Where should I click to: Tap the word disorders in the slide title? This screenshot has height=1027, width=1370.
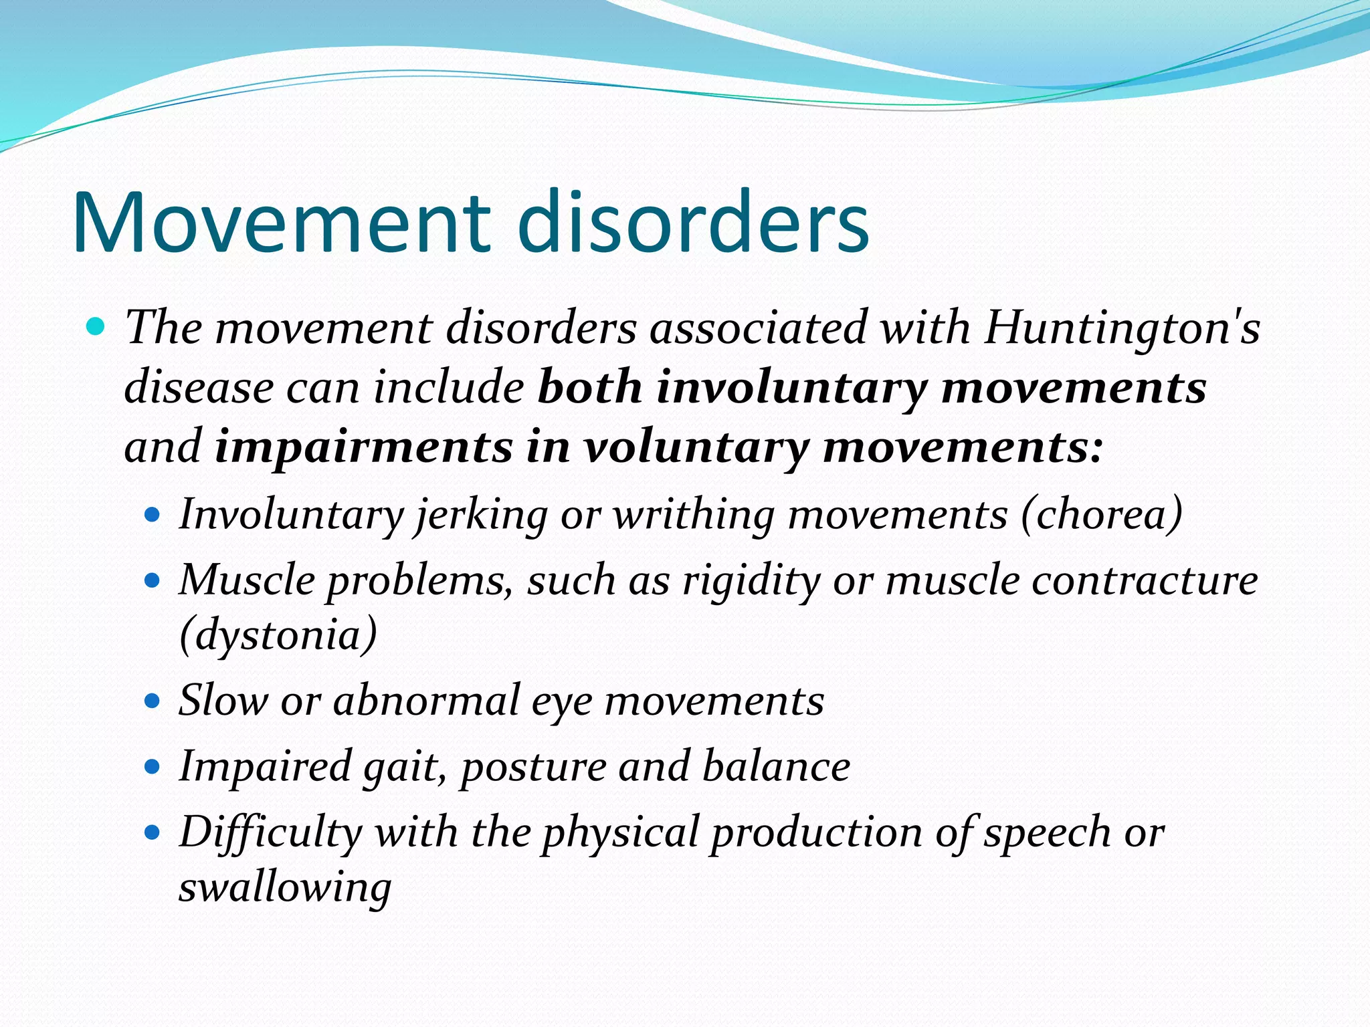point(692,223)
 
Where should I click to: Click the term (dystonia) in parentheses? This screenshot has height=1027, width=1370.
point(278,634)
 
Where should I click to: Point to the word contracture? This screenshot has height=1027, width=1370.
point(1145,580)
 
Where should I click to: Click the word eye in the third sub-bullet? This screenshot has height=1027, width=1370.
point(562,700)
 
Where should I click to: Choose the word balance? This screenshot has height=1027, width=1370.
point(776,766)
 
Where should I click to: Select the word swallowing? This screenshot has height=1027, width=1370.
point(285,887)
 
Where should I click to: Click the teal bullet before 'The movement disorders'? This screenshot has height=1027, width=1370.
point(96,327)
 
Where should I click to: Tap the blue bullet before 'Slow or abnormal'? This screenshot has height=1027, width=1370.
point(153,701)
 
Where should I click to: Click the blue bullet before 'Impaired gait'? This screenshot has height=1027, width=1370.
point(153,766)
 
